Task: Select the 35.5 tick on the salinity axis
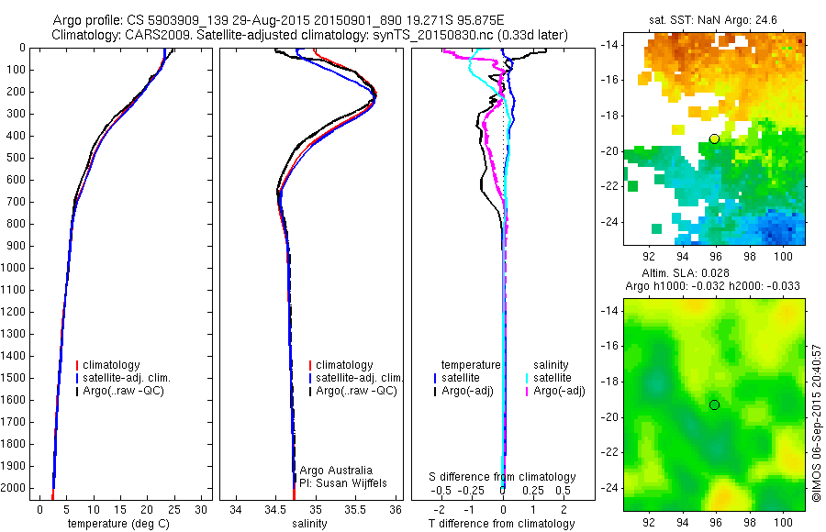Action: (356, 509)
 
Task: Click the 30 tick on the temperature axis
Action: (201, 509)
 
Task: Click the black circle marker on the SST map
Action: (714, 139)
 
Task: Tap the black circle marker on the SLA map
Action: (714, 405)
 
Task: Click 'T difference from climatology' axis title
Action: (502, 524)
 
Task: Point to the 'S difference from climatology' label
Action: (502, 477)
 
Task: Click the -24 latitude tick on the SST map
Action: (608, 223)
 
